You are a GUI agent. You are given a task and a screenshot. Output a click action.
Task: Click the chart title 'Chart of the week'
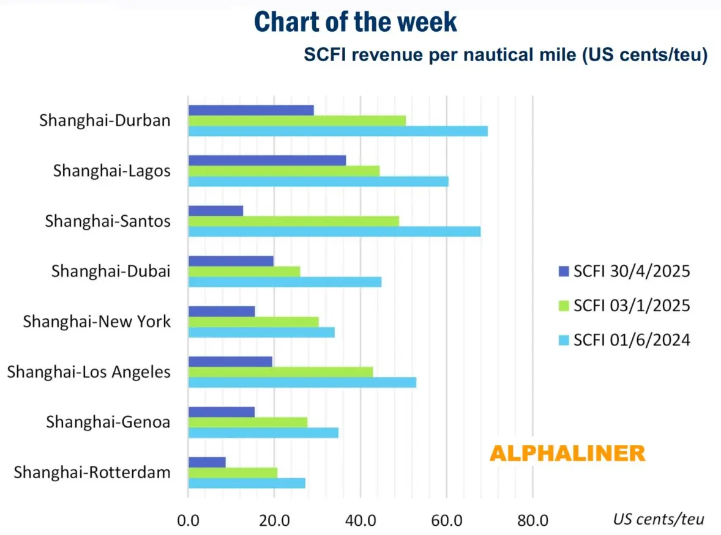pyautogui.click(x=355, y=22)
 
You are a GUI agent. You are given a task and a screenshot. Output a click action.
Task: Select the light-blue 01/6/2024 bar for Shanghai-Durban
pyautogui.click(x=338, y=131)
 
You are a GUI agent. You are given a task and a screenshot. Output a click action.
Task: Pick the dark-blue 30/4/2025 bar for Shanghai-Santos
pyautogui.click(x=215, y=210)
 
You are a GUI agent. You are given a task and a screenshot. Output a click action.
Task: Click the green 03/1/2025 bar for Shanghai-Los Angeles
pyautogui.click(x=280, y=372)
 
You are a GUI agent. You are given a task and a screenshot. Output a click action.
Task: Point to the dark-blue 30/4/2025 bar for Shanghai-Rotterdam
pyautogui.click(x=207, y=462)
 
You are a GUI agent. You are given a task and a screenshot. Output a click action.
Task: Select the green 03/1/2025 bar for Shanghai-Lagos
pyautogui.click(x=284, y=171)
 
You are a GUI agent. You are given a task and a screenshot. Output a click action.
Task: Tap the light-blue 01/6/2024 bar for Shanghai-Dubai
pyautogui.click(x=285, y=282)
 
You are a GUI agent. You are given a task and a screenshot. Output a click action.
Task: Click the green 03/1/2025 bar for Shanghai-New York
pyautogui.click(x=253, y=322)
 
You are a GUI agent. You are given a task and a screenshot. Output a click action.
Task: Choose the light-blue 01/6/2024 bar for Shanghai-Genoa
pyautogui.click(x=263, y=433)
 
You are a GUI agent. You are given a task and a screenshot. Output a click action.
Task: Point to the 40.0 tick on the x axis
pyautogui.click(x=360, y=520)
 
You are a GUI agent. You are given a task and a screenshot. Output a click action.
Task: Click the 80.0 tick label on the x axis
pyautogui.click(x=532, y=520)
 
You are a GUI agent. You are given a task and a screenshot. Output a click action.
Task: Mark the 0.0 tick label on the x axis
pyautogui.click(x=188, y=520)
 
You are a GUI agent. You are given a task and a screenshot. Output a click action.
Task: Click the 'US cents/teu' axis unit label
pyautogui.click(x=659, y=520)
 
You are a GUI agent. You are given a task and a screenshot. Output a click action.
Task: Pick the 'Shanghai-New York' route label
pyautogui.click(x=97, y=322)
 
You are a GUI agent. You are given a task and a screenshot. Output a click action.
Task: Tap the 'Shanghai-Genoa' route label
pyautogui.click(x=108, y=422)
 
